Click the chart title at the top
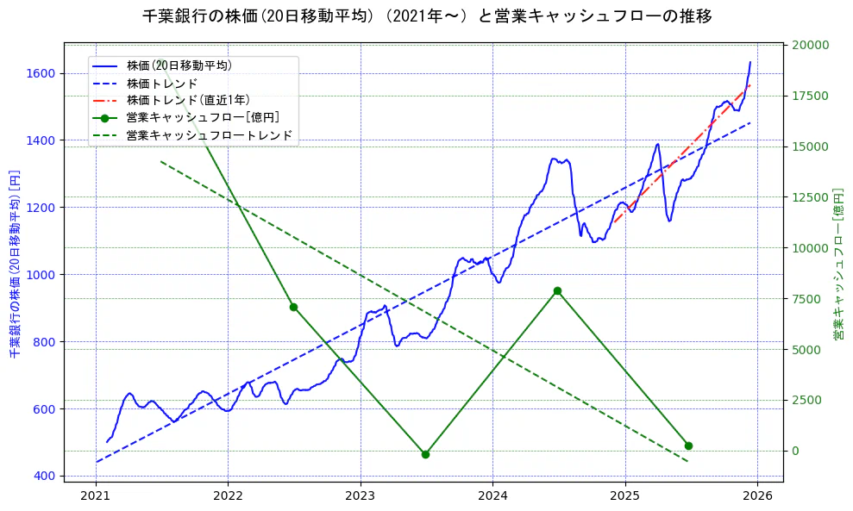point(426,16)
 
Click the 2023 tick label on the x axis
point(360,496)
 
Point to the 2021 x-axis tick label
point(95,496)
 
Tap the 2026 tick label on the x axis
point(756,496)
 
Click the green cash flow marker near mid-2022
point(293,307)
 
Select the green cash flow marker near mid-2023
point(425,454)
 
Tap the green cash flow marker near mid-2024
point(557,291)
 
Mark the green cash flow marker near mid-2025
point(688,446)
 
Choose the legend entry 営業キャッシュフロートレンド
point(210,135)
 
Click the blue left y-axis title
point(15,263)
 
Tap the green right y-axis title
point(837,263)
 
